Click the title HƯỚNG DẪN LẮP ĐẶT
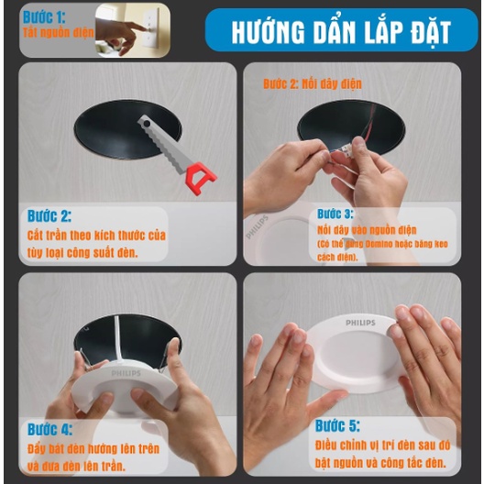[x=341, y=30]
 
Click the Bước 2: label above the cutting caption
[x=49, y=217]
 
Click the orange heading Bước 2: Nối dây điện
[x=313, y=84]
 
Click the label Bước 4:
[x=50, y=429]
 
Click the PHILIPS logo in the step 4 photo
[x=126, y=374]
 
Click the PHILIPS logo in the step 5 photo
[x=359, y=323]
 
